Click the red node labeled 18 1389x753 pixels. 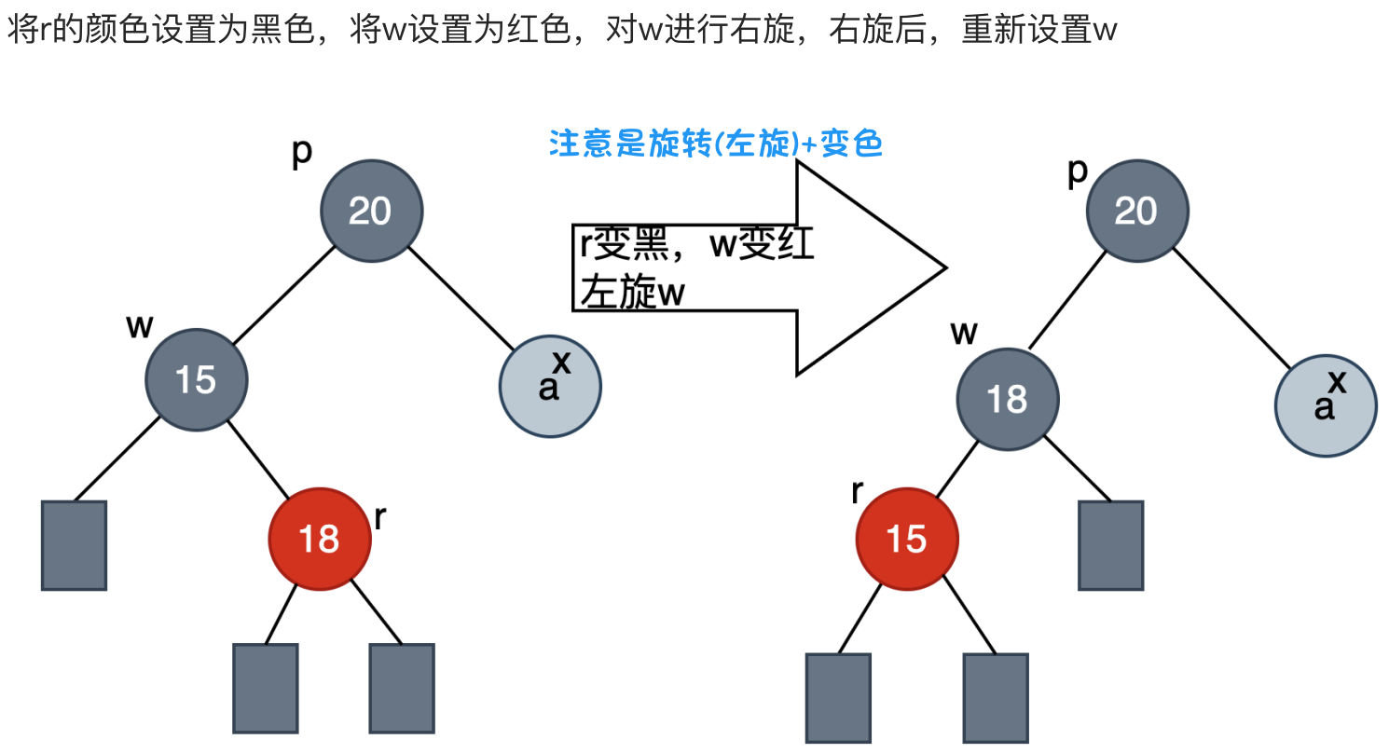coord(319,538)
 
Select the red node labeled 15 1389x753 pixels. coord(906,538)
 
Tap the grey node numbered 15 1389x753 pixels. coord(196,379)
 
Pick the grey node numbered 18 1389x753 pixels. coord(1007,399)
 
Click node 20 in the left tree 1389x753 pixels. coord(371,211)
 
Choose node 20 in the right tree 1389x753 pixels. coord(1136,211)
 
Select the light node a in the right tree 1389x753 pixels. coord(1325,406)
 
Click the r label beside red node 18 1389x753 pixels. coord(379,517)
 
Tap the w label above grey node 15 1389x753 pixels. coord(140,326)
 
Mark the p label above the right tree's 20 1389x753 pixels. coord(1078,172)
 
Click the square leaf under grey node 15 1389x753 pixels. coord(75,545)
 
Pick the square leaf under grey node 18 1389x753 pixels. coord(1110,545)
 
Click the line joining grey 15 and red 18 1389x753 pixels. coord(259,462)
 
